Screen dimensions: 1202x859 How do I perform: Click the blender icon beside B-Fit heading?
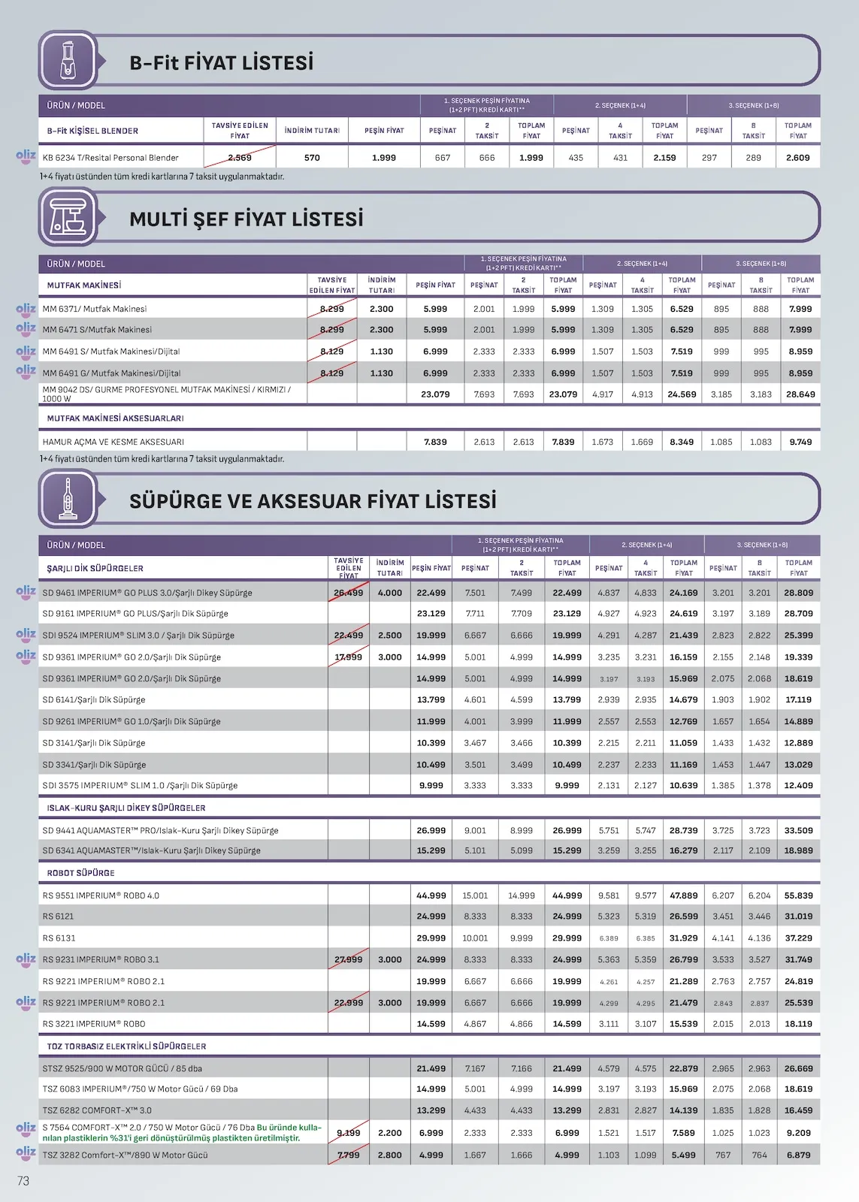(x=68, y=61)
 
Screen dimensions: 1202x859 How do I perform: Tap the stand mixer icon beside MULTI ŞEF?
(x=68, y=217)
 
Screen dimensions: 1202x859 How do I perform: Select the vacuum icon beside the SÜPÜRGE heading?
(x=68, y=499)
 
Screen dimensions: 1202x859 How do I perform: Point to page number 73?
(x=23, y=1181)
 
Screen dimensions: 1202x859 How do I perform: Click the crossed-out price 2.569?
(x=240, y=158)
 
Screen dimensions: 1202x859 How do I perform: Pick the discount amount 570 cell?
(x=312, y=158)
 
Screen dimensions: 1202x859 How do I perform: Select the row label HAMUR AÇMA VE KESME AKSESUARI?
(x=113, y=442)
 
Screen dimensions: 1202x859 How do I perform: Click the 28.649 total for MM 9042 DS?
(x=800, y=394)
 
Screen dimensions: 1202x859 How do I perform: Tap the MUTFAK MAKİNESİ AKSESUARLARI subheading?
(x=115, y=418)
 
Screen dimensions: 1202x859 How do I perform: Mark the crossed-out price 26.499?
(x=349, y=593)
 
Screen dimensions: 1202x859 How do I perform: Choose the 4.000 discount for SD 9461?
(x=390, y=593)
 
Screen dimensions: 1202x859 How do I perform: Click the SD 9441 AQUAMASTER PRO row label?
(x=160, y=830)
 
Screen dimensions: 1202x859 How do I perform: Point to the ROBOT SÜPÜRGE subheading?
(x=80, y=873)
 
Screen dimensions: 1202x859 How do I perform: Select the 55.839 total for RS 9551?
(x=799, y=895)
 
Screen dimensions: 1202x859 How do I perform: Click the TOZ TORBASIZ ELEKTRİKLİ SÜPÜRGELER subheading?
(x=126, y=1046)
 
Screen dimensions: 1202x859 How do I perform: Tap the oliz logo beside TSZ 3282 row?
(x=26, y=1152)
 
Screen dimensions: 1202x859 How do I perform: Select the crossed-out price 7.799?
(x=348, y=1155)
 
